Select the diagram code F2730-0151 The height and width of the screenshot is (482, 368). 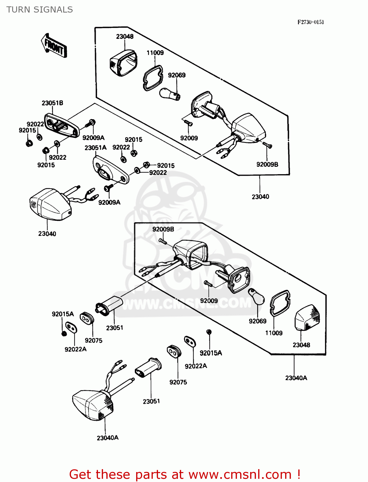[310, 22]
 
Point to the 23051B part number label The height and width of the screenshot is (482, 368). [52, 103]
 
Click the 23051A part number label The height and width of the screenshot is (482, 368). [95, 148]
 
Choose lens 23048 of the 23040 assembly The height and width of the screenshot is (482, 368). [123, 63]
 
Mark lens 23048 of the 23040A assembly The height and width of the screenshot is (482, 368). [307, 318]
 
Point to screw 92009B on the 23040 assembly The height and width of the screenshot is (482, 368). [267, 145]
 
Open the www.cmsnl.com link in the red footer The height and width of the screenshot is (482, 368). [240, 474]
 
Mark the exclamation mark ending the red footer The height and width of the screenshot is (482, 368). [298, 474]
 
